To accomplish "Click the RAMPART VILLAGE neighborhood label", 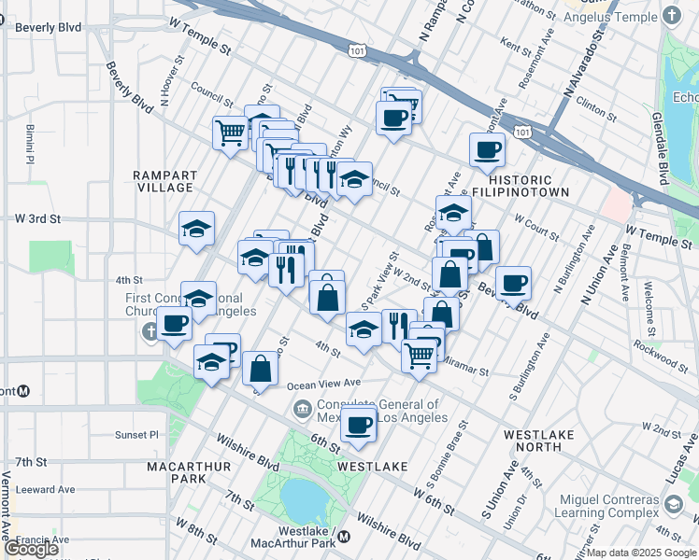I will pyautogui.click(x=164, y=181).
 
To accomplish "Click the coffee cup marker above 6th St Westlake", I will pyautogui.click(x=358, y=426).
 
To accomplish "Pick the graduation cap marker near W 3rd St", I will pyautogui.click(x=196, y=229).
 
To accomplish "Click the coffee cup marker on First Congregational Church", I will pyautogui.click(x=174, y=324).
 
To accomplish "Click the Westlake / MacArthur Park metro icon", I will pyautogui.click(x=345, y=536).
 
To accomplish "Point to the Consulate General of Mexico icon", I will pyautogui.click(x=302, y=408).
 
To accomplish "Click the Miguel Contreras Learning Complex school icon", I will pyautogui.click(x=672, y=505).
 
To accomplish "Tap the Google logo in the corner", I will pyautogui.click(x=31, y=549).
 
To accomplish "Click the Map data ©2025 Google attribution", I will pyautogui.click(x=640, y=553).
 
